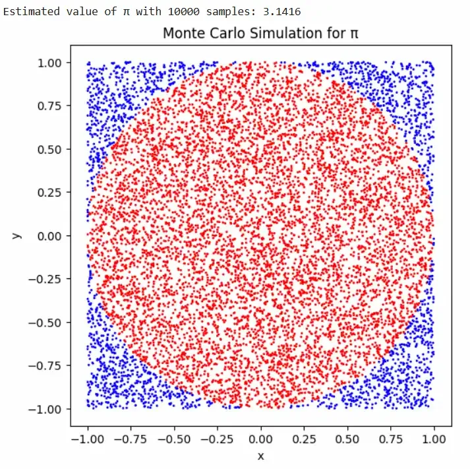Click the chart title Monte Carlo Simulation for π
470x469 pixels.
tap(261, 32)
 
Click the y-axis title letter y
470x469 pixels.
tap(18, 235)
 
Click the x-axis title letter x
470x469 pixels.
tap(261, 456)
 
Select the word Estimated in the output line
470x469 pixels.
tap(29, 11)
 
